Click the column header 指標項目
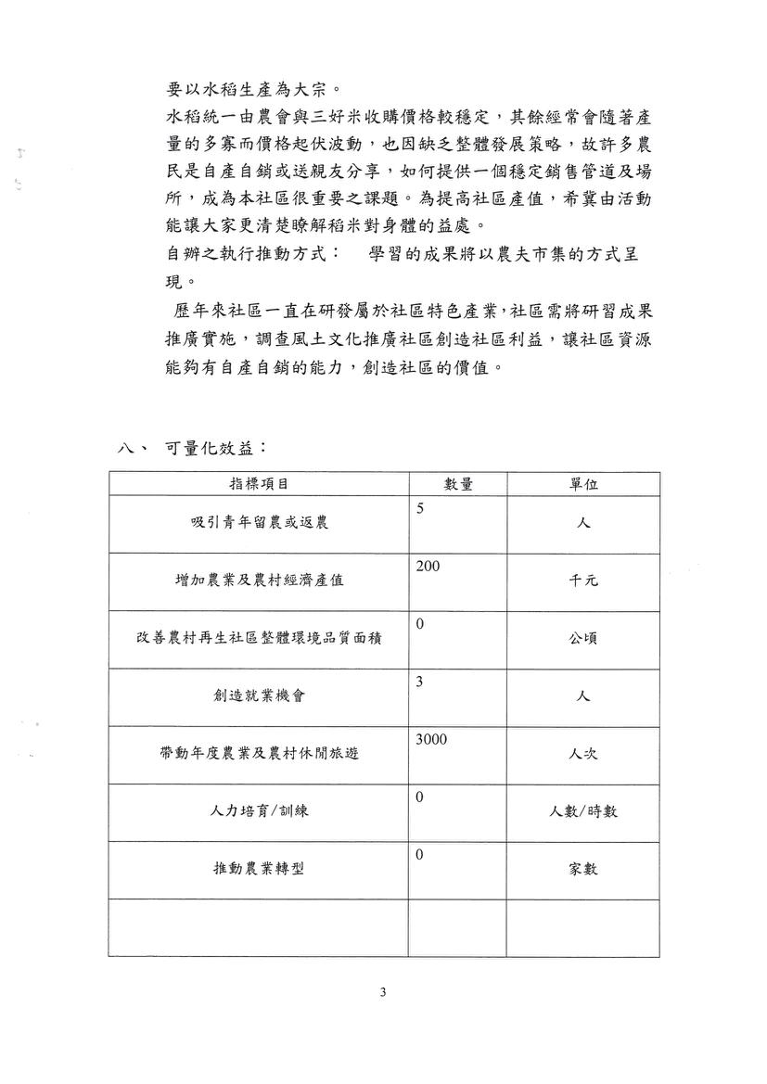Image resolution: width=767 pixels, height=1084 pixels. pyautogui.click(x=259, y=484)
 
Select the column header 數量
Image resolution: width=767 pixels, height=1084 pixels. pyautogui.click(x=458, y=484)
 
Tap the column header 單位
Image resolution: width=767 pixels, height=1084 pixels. pyautogui.click(x=583, y=484)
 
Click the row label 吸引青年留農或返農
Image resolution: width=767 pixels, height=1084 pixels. pyautogui.click(x=259, y=523)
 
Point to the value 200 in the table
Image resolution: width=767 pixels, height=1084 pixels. pyautogui.click(x=428, y=566)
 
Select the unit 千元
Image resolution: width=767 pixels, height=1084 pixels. pyautogui.click(x=583, y=580)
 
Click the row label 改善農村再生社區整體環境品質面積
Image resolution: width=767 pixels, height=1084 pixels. pyautogui.click(x=259, y=638)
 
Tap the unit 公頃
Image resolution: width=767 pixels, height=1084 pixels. pyautogui.click(x=583, y=638)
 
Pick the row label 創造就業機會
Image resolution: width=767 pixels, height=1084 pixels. pyautogui.click(x=259, y=695)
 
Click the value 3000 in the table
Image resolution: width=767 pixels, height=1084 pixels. pyautogui.click(x=431, y=738)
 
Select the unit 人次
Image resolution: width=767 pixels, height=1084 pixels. pyautogui.click(x=583, y=753)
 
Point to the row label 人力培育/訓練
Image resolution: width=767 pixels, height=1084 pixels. pyautogui.click(x=259, y=811)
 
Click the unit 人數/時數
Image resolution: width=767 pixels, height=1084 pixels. pyautogui.click(x=583, y=811)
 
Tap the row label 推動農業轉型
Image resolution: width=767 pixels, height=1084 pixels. pyautogui.click(x=259, y=869)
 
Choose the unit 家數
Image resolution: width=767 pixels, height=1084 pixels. pyautogui.click(x=583, y=869)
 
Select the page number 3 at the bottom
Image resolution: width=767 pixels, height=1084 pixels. pyautogui.click(x=383, y=993)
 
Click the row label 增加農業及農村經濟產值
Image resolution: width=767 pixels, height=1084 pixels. pyautogui.click(x=259, y=580)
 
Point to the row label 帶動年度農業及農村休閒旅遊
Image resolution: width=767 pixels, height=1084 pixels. pyautogui.click(x=259, y=753)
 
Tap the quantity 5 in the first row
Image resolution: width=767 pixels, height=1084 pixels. pyautogui.click(x=420, y=508)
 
